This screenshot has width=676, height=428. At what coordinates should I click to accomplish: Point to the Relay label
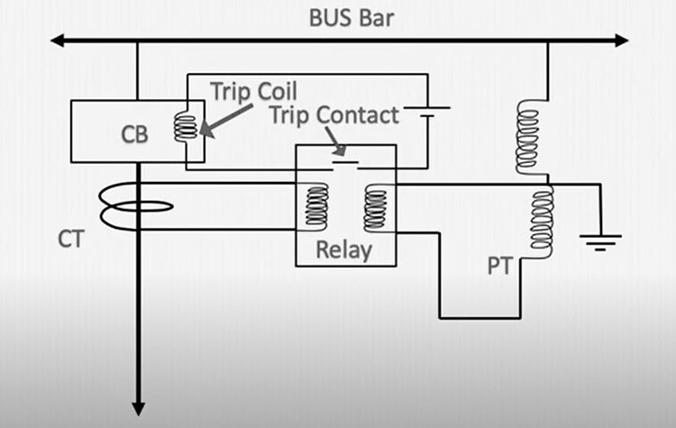[x=343, y=250]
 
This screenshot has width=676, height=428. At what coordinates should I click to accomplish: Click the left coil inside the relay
[x=315, y=206]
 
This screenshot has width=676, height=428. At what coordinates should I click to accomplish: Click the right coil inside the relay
[x=374, y=206]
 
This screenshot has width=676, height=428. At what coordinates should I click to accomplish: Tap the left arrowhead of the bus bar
[x=57, y=41]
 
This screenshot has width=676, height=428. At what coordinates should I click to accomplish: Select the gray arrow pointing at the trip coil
[x=229, y=116]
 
